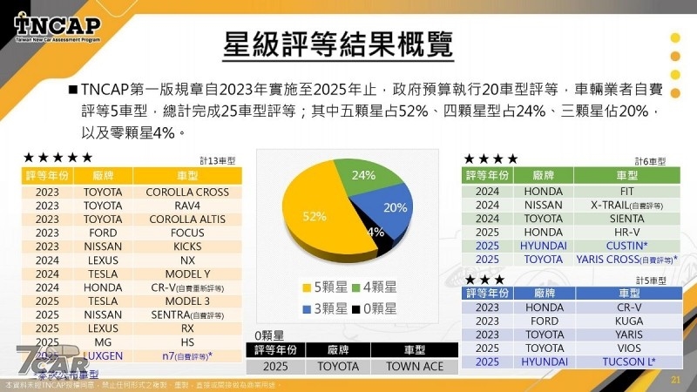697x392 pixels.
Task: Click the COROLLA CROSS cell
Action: click(187, 192)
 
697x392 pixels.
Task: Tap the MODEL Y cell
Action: click(187, 273)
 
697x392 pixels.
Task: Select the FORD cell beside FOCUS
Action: click(103, 233)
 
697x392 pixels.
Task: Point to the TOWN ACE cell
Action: click(415, 367)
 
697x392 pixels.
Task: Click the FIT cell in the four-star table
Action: click(616, 192)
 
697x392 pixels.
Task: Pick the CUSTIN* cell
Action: click(616, 246)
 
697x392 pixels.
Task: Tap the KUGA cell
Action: click(616, 321)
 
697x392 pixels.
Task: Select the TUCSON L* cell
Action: click(616, 362)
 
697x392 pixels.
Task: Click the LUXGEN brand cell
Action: click(103, 355)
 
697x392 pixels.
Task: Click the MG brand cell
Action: click(103, 341)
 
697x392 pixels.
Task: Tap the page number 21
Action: click(674, 380)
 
